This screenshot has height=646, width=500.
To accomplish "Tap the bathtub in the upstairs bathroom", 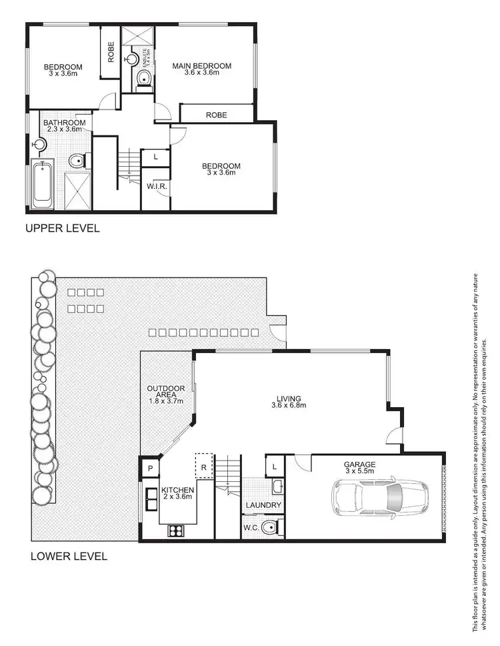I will [43, 183].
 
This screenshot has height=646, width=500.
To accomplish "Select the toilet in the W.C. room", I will [269, 528].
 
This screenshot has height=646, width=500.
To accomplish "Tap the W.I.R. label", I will [157, 186].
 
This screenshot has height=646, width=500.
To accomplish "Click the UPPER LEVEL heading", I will [62, 228].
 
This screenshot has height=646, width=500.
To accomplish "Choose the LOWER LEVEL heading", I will [69, 555].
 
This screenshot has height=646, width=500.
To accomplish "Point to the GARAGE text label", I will [359, 464].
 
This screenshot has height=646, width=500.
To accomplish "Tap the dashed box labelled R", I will [203, 466].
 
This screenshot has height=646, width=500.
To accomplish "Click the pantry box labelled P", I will [150, 468].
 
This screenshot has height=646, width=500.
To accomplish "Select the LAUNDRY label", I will [263, 505].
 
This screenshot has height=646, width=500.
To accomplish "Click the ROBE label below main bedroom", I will [216, 115].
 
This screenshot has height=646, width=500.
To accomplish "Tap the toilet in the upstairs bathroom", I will [77, 161].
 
